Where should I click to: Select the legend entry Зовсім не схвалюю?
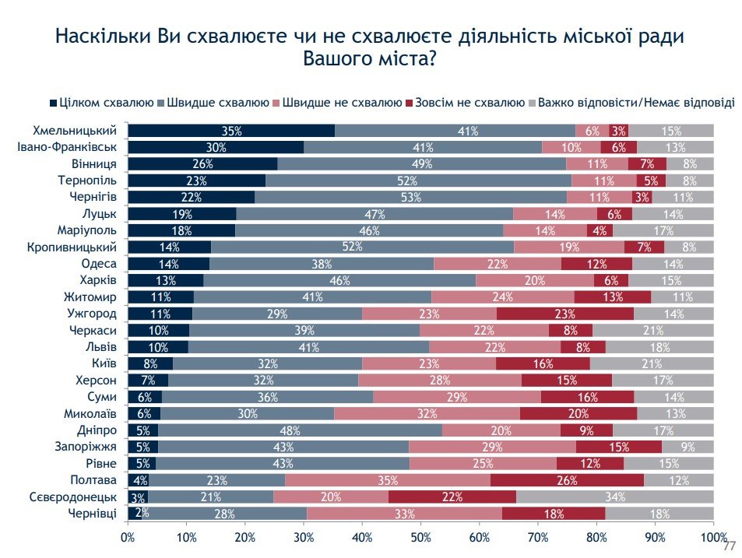(x=469, y=102)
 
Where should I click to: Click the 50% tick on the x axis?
(x=420, y=536)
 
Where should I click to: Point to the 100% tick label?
(x=713, y=536)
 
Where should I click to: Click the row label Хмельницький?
(x=79, y=131)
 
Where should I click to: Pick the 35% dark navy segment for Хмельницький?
(x=231, y=131)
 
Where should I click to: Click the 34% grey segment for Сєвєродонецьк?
(x=615, y=497)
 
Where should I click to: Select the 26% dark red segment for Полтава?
(x=568, y=479)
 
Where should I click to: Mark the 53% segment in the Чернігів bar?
(x=410, y=197)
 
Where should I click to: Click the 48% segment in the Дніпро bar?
(x=300, y=430)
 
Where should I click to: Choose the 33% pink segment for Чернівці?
(x=404, y=513)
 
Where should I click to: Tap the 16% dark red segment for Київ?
(x=543, y=363)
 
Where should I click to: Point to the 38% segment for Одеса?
(x=322, y=264)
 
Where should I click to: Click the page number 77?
(x=729, y=546)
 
